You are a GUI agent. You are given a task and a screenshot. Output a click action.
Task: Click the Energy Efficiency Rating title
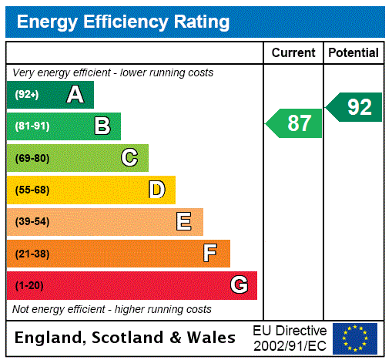tap(123, 22)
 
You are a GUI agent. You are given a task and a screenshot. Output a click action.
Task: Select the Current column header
tap(293, 53)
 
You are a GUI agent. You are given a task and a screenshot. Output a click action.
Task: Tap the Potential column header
tap(353, 53)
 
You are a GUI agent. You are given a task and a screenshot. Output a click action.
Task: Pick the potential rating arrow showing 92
tap(355, 107)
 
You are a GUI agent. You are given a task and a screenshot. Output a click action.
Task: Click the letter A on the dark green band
tap(75, 95)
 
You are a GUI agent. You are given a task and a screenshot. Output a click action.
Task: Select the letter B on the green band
tap(102, 126)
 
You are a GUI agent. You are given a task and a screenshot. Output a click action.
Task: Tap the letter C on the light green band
tap(129, 158)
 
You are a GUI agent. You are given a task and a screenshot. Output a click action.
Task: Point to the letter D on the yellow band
tap(156, 190)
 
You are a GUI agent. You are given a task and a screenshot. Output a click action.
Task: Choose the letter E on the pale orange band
tap(184, 222)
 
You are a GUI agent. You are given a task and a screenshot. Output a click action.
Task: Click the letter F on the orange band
tap(210, 254)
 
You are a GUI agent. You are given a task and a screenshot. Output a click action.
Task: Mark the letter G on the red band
tap(239, 285)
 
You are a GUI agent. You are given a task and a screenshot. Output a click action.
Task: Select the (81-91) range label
tap(32, 126)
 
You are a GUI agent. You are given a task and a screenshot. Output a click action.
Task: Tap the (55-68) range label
tap(32, 190)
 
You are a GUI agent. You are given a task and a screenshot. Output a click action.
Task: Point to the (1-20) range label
tap(28, 285)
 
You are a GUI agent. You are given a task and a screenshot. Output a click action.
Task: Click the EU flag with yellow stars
tap(355, 338)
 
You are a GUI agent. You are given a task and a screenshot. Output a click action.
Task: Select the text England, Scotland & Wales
tap(126, 338)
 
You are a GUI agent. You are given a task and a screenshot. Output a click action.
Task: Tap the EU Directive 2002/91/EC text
tap(290, 338)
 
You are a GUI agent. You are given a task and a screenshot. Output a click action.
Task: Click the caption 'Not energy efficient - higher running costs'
tap(112, 309)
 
